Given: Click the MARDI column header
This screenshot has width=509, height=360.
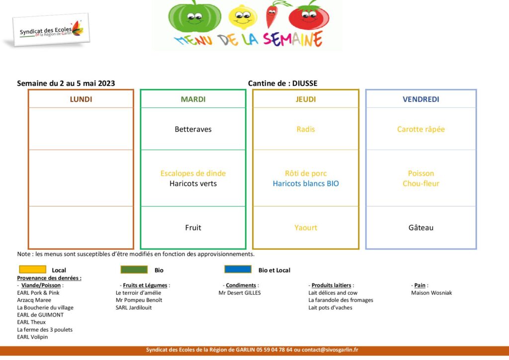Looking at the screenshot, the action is point(193,99).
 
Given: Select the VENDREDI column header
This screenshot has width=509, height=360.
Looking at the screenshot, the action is point(421,99).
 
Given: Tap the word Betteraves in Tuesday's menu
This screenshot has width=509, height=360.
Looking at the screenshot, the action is point(193,129).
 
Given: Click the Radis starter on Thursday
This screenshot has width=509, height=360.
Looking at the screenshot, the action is point(306,129).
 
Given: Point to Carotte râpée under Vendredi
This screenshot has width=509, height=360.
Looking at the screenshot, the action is point(421,129).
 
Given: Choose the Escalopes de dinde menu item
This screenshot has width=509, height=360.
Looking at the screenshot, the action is point(193,174).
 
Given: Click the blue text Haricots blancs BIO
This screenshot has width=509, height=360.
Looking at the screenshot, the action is point(306,183).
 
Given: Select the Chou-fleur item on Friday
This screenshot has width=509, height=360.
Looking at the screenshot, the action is point(421,183).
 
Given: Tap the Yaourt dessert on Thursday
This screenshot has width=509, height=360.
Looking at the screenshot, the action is point(306,228).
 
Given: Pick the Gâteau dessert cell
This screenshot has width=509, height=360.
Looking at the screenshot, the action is point(421,228).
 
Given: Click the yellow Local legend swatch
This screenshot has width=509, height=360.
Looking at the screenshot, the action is point(32,270).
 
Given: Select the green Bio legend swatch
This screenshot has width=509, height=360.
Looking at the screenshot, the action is point(134,270).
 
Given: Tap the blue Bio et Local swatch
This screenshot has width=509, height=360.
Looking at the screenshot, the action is point(238,269).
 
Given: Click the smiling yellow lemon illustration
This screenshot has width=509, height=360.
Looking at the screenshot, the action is point(243,16).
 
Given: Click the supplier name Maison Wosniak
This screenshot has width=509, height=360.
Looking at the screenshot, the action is point(431,293).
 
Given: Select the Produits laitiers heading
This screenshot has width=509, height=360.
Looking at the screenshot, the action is point(332,285).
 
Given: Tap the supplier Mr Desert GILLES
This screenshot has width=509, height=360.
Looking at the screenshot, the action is point(240,293).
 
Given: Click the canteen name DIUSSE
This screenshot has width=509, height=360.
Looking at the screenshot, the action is point(305,84).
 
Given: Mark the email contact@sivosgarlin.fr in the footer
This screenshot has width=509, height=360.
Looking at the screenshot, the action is point(330,350).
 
